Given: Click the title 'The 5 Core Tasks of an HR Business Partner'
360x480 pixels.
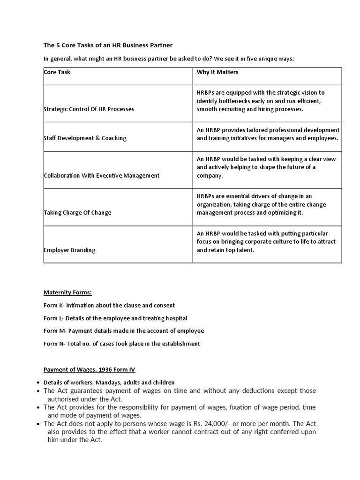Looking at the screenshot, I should [x=108, y=45].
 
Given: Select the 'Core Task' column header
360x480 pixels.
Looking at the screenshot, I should [x=57, y=72].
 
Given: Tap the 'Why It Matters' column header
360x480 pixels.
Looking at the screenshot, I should [x=217, y=72].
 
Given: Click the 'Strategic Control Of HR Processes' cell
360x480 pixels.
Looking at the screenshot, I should [x=89, y=109].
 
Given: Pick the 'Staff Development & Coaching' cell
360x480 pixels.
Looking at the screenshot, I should [x=85, y=138].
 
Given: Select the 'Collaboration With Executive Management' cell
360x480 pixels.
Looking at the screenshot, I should [x=102, y=176].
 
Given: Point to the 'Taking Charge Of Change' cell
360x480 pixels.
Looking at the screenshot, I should [x=78, y=213].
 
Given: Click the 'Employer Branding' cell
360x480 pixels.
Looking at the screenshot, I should [x=69, y=250].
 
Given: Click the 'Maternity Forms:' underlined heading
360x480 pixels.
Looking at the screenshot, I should [x=67, y=292].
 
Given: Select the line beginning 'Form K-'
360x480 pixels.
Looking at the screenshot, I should [x=109, y=305].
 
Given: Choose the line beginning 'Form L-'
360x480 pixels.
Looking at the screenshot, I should [x=115, y=318].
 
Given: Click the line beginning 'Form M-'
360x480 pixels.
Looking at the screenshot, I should [x=124, y=331].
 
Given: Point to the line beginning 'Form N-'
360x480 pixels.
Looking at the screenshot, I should [x=121, y=344].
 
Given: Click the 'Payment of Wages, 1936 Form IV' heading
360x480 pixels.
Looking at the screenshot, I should [x=89, y=370].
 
